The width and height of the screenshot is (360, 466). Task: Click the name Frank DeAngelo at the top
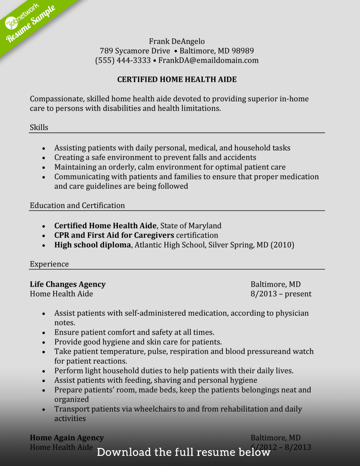(177, 41)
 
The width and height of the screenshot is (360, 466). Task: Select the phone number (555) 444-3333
(123, 61)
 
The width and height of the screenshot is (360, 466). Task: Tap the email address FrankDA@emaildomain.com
(208, 61)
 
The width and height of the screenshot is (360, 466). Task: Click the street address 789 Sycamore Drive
(135, 51)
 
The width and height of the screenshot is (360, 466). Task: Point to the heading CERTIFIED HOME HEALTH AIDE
(177, 80)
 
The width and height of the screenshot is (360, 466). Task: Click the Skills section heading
(39, 127)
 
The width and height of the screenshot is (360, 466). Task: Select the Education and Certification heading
(77, 206)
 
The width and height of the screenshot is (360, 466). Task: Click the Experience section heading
(49, 264)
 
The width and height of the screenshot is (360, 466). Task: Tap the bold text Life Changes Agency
(68, 284)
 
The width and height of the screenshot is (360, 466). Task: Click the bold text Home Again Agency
(67, 438)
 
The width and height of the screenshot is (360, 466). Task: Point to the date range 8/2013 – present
(281, 294)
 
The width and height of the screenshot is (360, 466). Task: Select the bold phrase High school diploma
(93, 245)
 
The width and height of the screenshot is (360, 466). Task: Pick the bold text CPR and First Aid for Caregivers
(114, 236)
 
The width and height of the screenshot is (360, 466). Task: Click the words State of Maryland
(191, 226)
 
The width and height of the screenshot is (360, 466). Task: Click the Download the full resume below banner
(184, 452)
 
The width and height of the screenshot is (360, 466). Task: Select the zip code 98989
(243, 51)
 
